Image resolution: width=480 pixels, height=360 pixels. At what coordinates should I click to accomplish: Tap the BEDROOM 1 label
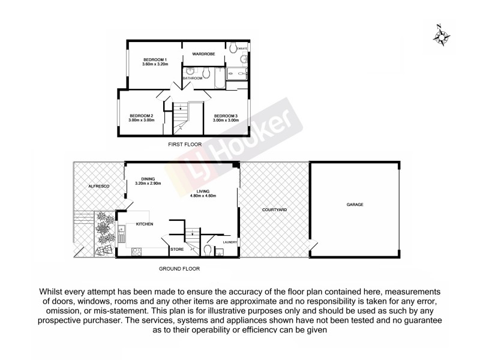tap(154, 59)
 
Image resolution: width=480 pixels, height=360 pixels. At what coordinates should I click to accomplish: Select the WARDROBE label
tap(204, 54)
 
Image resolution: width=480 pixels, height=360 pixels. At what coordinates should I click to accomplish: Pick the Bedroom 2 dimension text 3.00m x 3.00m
tap(141, 120)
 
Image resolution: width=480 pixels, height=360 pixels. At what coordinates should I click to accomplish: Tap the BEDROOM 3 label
tap(226, 115)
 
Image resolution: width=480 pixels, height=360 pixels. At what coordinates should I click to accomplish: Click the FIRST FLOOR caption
tap(184, 145)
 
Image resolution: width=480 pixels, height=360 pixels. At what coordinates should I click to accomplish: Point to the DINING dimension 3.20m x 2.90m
tap(148, 184)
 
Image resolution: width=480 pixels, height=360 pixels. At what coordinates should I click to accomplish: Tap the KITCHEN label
tap(145, 224)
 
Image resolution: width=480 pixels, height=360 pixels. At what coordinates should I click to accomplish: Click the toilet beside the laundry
tap(208, 249)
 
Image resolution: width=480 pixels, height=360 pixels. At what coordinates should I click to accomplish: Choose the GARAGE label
tap(355, 205)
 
